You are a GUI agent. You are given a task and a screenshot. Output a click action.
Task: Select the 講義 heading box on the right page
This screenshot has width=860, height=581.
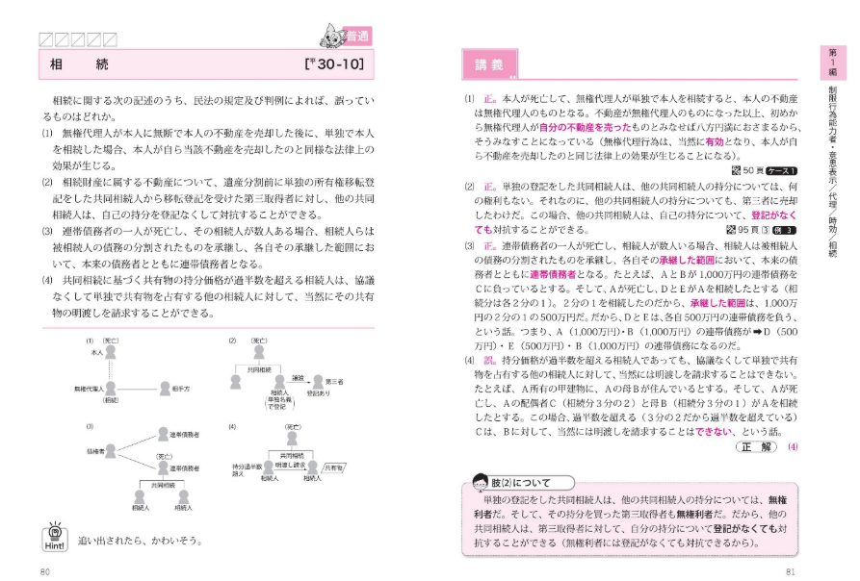[488, 64]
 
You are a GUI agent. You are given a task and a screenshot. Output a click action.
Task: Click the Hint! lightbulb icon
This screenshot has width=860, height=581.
[56, 537]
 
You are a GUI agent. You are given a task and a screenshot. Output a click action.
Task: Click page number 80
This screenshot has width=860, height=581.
[44, 572]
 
